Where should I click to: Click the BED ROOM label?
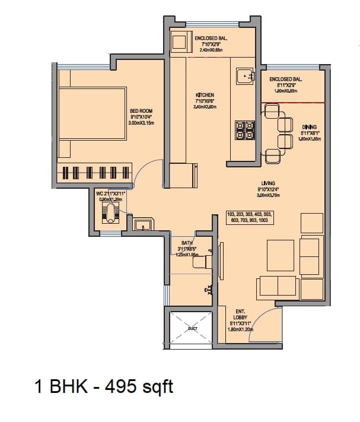pyautogui.click(x=141, y=111)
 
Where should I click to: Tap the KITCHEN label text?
pyautogui.click(x=205, y=95)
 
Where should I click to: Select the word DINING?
pyautogui.click(x=309, y=127)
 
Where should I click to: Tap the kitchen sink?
pyautogui.click(x=244, y=77)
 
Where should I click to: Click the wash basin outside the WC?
pyautogui.click(x=142, y=225)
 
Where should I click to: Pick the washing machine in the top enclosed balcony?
pyautogui.click(x=179, y=42)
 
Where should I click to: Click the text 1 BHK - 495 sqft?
pyautogui.click(x=103, y=387)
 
